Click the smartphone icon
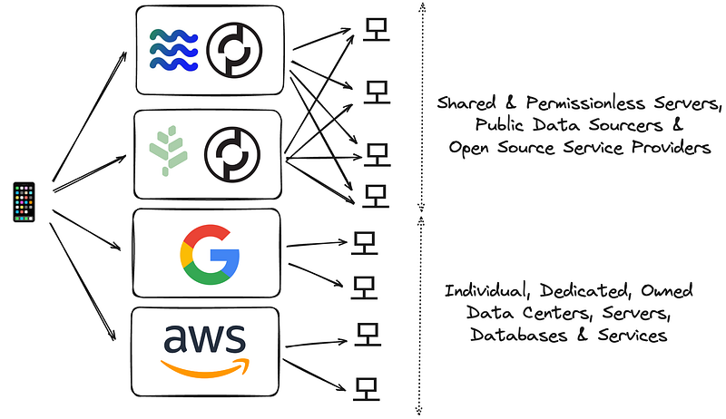click(24, 201)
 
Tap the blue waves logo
click(172, 49)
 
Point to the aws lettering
click(205, 339)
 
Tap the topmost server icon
click(372, 30)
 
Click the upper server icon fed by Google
click(363, 241)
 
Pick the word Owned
click(664, 291)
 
